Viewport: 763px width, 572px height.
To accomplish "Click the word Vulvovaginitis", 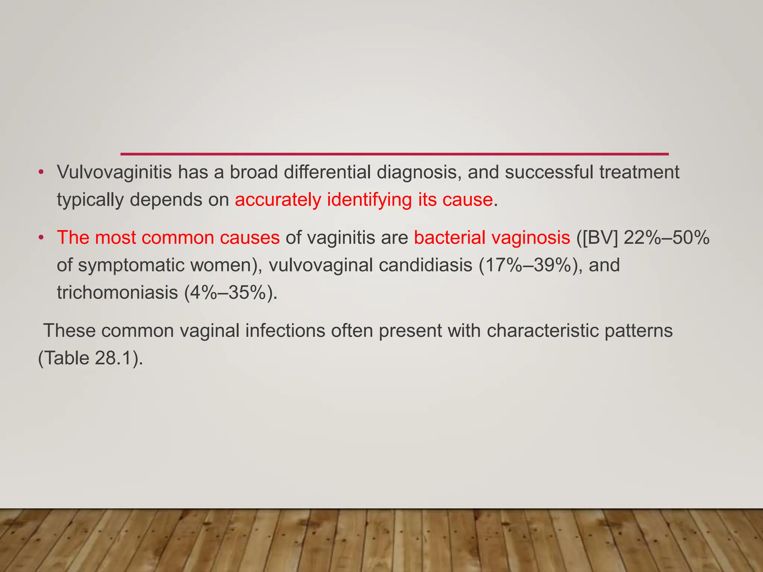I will click(x=114, y=172).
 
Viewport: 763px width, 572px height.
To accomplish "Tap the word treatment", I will click(x=639, y=172).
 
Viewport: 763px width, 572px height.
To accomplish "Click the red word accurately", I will click(x=278, y=200).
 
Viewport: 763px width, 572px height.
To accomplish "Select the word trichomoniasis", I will click(x=117, y=293).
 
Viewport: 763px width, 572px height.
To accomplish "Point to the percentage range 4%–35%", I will click(x=231, y=293).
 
